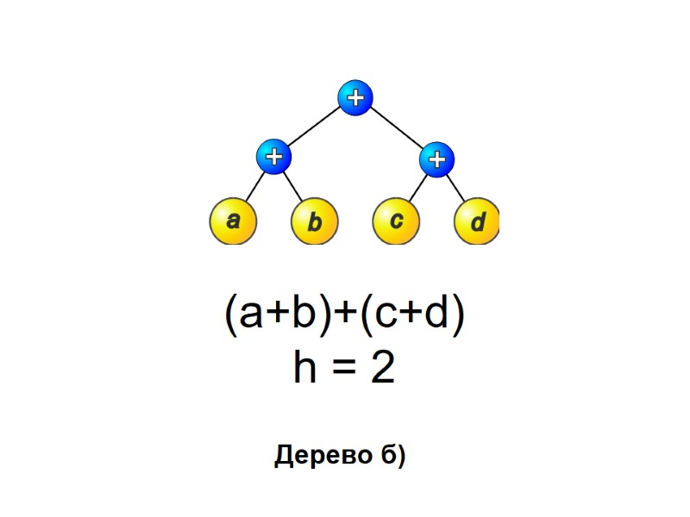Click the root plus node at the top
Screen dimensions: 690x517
click(354, 97)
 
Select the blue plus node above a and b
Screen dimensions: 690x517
click(273, 157)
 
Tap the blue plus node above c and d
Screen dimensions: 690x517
click(437, 159)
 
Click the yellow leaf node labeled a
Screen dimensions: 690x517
click(233, 221)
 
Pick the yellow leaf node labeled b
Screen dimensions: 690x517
click(315, 223)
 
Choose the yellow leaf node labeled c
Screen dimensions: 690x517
click(396, 221)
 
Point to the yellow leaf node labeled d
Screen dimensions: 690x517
click(477, 223)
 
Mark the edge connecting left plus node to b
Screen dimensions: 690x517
click(293, 189)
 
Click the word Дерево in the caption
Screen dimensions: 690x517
click(321, 455)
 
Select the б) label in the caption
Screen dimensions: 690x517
click(392, 455)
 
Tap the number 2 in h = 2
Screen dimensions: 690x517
click(382, 369)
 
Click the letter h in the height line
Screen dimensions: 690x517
click(305, 369)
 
